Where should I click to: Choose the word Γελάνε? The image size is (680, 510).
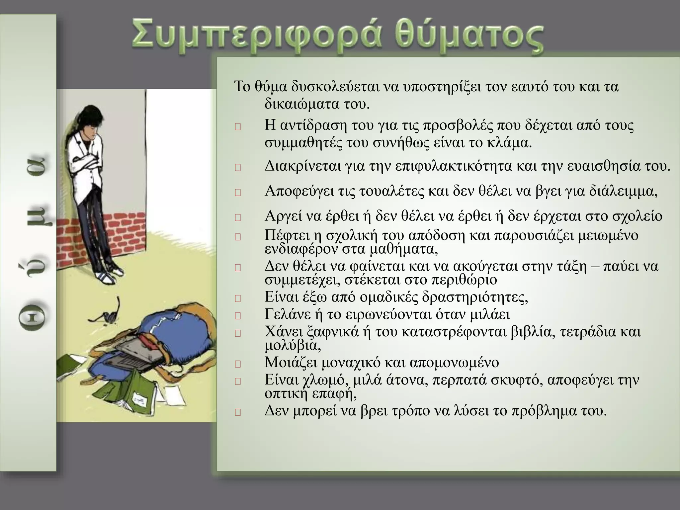289,314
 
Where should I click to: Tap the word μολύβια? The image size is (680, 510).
292,346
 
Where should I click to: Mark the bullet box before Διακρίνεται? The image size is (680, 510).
237,168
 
